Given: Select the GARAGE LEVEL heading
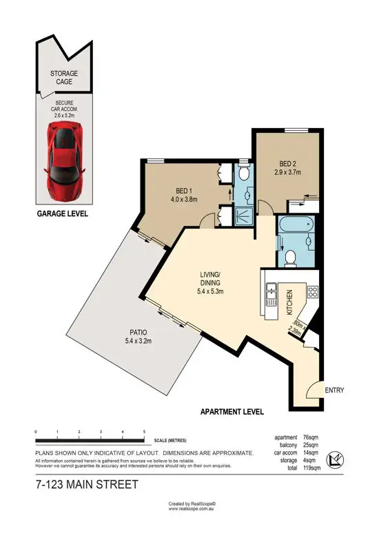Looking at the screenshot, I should coord(62,214).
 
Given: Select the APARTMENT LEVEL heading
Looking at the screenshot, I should coord(232,412).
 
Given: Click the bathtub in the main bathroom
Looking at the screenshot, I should coord(294,225).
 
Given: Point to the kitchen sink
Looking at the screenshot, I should coord(272,293).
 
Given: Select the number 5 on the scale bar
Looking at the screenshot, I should coord(144,432).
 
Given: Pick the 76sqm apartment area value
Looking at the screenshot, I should coord(312,437).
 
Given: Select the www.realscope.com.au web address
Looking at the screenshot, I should coord(189,509).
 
